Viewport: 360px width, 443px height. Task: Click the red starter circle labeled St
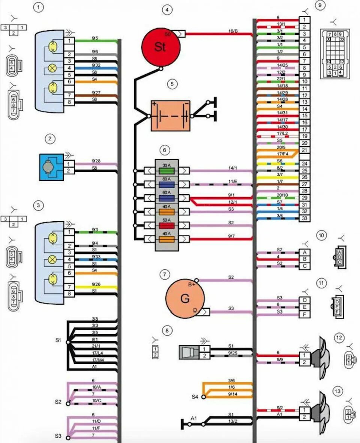(x=160, y=47)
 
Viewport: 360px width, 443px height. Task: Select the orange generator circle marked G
(x=185, y=299)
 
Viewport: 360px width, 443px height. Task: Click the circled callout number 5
(x=172, y=84)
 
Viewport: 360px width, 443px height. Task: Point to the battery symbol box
(x=170, y=116)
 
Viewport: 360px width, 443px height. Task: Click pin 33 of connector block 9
(x=304, y=218)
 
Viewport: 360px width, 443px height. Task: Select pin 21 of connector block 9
(x=304, y=150)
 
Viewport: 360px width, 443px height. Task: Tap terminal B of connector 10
(x=304, y=259)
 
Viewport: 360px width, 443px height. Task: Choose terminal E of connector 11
(x=304, y=307)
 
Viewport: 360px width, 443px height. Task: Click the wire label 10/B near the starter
(x=233, y=31)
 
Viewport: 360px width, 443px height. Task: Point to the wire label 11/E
(x=233, y=182)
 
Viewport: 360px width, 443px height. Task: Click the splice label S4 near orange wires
(x=194, y=396)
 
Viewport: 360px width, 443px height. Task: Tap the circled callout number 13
(x=338, y=392)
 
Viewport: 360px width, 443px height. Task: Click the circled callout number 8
(x=167, y=330)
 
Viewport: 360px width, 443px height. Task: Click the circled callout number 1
(x=39, y=7)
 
